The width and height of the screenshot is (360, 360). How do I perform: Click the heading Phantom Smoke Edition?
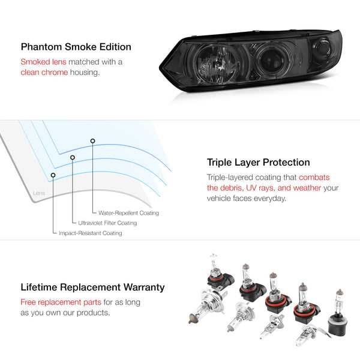[x=76, y=47]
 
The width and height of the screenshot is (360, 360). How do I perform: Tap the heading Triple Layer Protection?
[x=258, y=162]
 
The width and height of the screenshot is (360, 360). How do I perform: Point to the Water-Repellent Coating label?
[x=125, y=213]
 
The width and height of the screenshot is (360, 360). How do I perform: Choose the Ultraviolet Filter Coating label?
[x=107, y=223]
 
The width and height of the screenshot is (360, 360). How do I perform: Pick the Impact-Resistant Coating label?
[x=90, y=233]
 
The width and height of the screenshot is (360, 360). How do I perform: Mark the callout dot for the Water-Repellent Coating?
[x=92, y=141]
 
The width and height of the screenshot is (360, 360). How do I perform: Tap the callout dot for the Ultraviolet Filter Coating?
[x=73, y=158]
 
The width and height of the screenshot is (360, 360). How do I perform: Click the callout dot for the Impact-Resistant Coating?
[x=53, y=175]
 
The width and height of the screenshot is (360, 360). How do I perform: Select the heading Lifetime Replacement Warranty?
[x=92, y=288]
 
